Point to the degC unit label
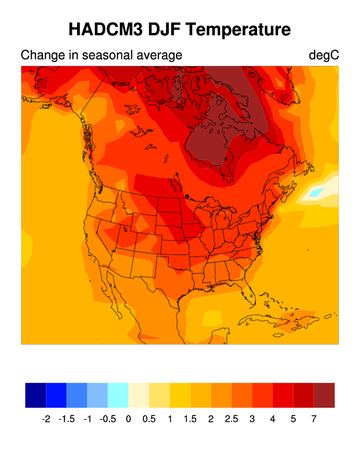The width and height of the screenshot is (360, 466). pos(324,55)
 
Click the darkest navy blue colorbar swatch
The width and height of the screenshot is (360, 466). pos(35,395)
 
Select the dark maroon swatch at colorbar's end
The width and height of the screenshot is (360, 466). pos(324,395)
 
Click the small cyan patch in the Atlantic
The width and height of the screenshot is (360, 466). pos(316,192)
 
